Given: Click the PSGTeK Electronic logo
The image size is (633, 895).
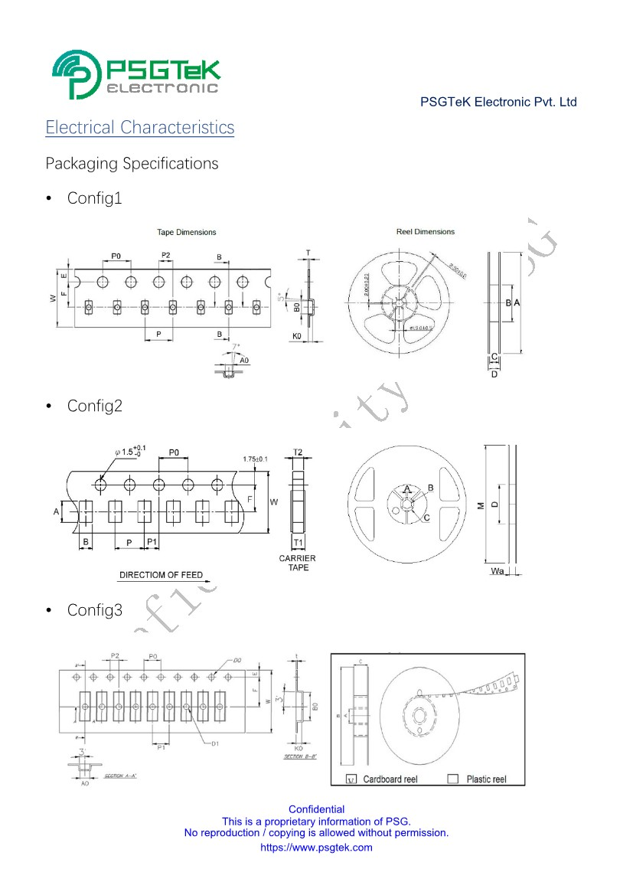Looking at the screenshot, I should (x=136, y=74).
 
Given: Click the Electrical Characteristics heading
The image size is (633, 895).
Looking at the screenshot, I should (x=140, y=127).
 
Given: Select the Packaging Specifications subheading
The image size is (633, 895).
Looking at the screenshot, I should (x=132, y=163).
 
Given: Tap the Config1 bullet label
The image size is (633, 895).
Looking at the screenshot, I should (x=94, y=198).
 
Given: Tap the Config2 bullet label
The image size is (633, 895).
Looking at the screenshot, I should (x=94, y=406).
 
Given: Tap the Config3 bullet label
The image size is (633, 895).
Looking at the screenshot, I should (x=94, y=610).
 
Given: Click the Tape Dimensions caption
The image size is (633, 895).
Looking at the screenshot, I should (x=187, y=232).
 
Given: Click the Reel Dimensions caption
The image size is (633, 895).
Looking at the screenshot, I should (x=426, y=231).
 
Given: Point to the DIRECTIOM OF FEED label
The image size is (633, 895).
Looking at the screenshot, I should (x=162, y=574).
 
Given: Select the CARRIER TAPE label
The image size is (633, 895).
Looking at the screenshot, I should (x=297, y=563).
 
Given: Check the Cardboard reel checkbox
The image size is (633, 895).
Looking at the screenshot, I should (x=351, y=779).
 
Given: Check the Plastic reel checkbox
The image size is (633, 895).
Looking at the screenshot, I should (x=452, y=779).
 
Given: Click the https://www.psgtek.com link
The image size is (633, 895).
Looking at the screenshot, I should (x=316, y=848).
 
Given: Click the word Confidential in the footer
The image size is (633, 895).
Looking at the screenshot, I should (x=316, y=809).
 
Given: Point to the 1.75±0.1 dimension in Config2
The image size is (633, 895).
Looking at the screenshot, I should (x=255, y=459).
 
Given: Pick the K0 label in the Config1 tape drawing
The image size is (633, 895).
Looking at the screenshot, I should (x=297, y=335).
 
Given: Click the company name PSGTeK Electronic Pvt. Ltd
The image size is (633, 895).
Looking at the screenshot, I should (x=498, y=102).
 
